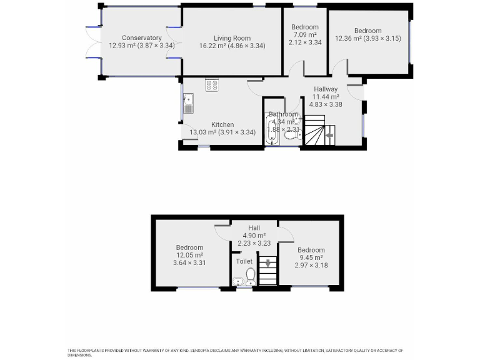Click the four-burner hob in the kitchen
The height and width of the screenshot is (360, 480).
pyautogui.click(x=212, y=85)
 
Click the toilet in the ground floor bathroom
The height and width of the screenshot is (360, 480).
pyautogui.click(x=290, y=134)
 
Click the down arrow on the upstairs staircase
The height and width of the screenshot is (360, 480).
pyautogui.click(x=267, y=263)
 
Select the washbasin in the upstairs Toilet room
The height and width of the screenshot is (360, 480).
pyautogui.click(x=238, y=282)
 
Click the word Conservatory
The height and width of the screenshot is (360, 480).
pyautogui.click(x=142, y=38)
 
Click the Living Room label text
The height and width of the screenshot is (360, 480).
pyautogui.click(x=232, y=38)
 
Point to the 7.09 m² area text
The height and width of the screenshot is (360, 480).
pyautogui.click(x=305, y=35)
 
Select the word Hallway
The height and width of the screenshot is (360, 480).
pyautogui.click(x=326, y=89)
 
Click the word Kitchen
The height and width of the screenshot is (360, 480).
pyautogui.click(x=222, y=124)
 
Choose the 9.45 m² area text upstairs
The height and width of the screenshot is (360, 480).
pyautogui.click(x=311, y=257)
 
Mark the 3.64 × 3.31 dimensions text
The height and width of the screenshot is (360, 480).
pyautogui.click(x=189, y=262)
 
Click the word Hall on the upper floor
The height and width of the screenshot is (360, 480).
pyautogui.click(x=254, y=228)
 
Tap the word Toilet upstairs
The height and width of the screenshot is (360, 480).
pyautogui.click(x=244, y=261)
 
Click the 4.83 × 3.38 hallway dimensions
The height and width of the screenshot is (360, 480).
pyautogui.click(x=326, y=104)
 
